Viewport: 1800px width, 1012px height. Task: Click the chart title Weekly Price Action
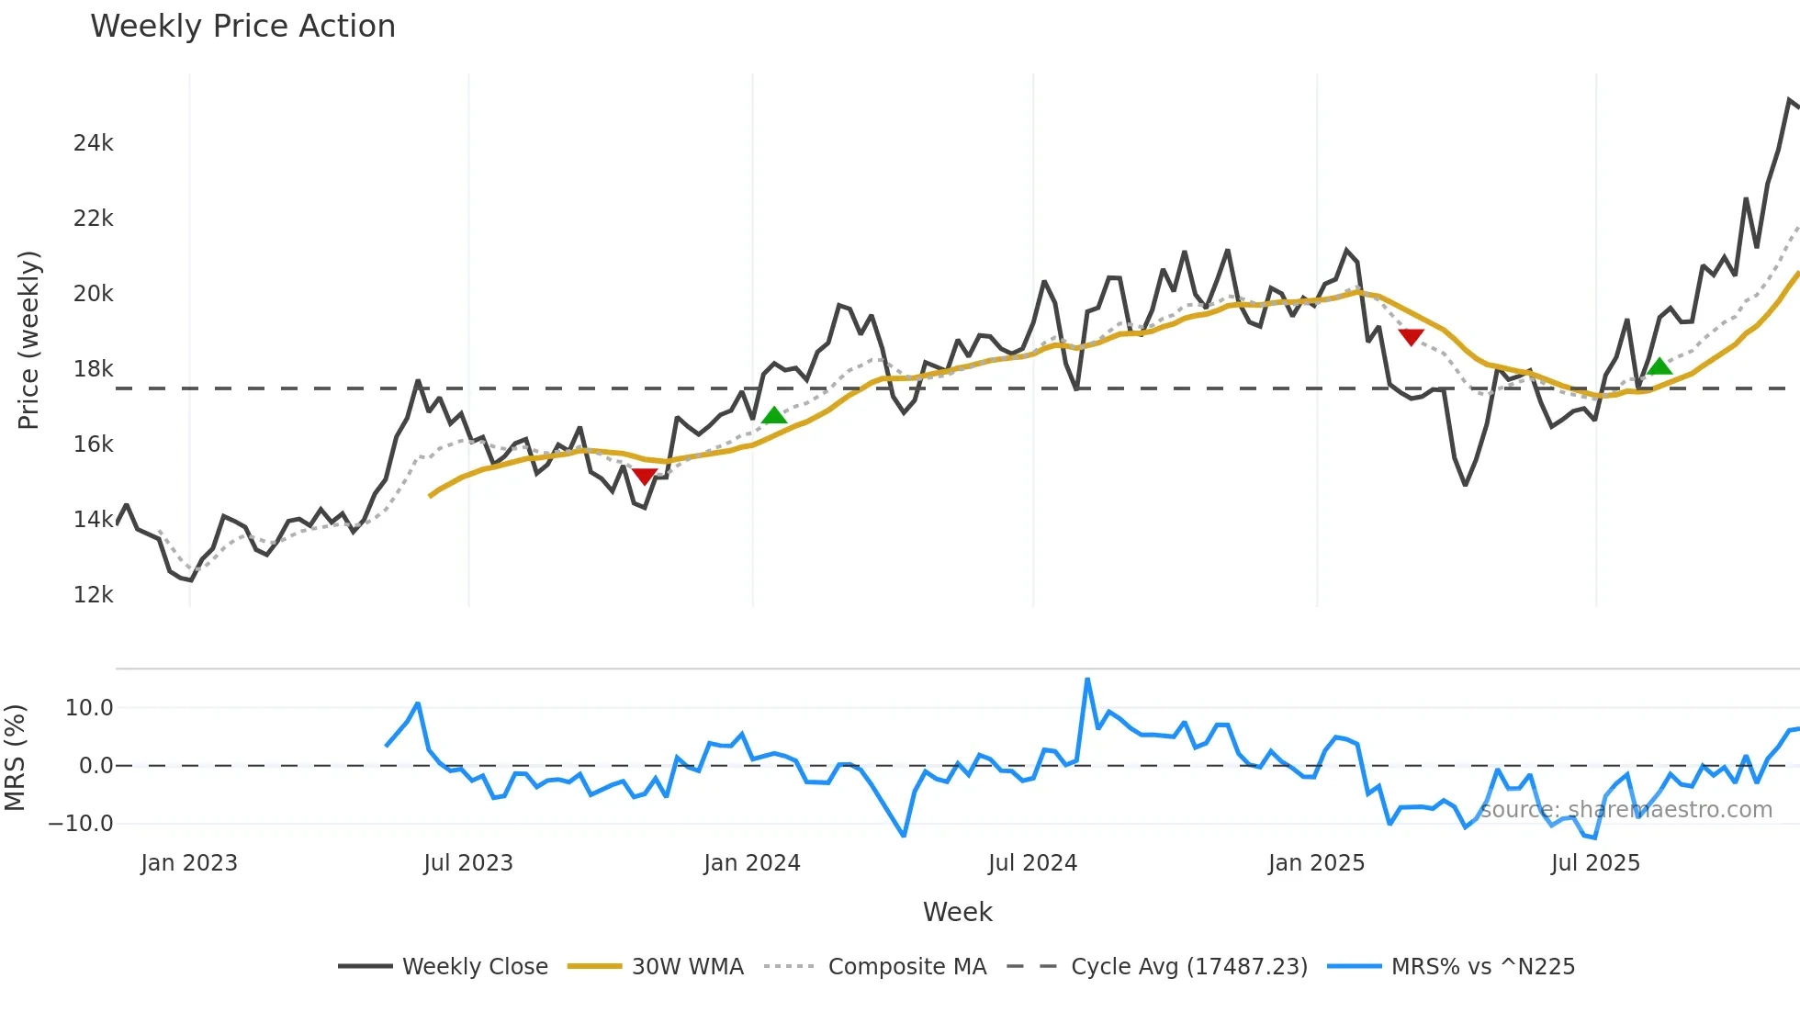coord(242,27)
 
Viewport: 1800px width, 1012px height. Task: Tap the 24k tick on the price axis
coord(94,143)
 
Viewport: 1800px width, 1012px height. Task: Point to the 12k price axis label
coord(94,595)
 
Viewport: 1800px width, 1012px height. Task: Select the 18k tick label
coord(94,369)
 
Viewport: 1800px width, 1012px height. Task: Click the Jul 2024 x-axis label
coord(1032,863)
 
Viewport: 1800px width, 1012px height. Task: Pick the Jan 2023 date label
coord(189,863)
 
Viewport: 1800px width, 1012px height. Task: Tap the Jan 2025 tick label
coord(1316,863)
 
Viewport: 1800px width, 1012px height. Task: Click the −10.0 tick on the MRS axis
coord(81,824)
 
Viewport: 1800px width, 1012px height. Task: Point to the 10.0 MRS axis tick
coord(89,708)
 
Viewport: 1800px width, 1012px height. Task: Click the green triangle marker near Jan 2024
coord(774,416)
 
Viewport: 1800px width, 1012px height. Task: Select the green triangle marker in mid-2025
coord(1659,367)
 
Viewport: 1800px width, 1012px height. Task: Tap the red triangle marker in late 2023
coord(645,476)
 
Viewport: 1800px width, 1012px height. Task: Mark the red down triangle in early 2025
coord(1411,337)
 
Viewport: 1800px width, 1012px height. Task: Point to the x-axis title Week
coord(957,912)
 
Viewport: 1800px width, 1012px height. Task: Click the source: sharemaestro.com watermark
coord(1626,810)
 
